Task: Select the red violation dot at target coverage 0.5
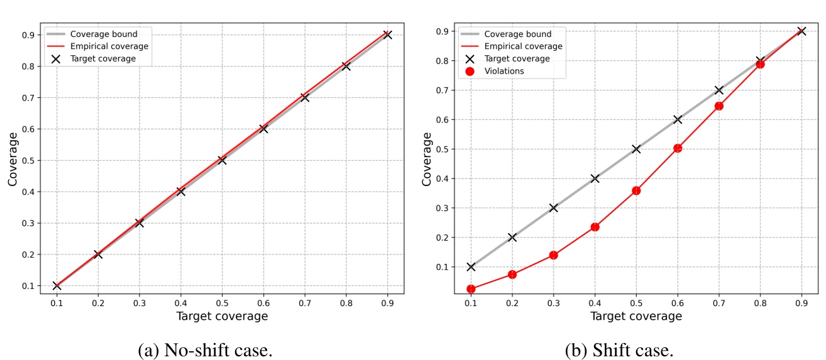pos(636,190)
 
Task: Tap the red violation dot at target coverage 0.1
pos(471,289)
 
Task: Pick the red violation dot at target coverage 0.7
pos(719,106)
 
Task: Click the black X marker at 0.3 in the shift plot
pos(554,207)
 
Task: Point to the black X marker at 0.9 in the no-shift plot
pos(387,35)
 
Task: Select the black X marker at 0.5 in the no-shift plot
pos(222,160)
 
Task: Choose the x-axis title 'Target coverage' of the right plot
pos(636,316)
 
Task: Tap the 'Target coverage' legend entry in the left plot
pos(100,58)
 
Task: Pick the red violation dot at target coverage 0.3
pos(554,255)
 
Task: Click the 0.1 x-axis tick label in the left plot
pos(57,303)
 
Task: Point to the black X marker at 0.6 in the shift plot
pos(678,119)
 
